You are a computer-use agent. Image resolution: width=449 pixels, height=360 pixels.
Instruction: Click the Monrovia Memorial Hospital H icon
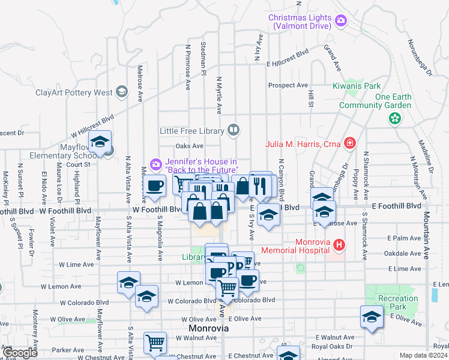340,245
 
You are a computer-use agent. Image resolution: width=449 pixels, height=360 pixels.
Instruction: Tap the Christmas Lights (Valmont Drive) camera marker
341,22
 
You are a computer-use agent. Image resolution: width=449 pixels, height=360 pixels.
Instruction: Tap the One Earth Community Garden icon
394,118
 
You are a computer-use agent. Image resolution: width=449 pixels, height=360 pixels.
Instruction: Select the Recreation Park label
398,302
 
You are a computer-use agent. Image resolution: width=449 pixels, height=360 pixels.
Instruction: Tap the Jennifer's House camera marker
156,163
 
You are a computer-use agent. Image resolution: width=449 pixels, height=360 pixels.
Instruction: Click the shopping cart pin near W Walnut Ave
155,343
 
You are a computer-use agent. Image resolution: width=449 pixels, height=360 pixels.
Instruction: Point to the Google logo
20,353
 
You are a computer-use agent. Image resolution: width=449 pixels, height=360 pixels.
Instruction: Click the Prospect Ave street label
288,85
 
